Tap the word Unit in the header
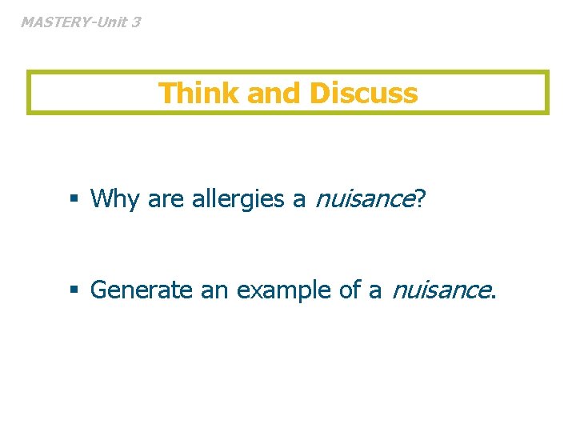pyautogui.click(x=110, y=22)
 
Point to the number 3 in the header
pyautogui.click(x=135, y=22)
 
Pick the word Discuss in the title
pyautogui.click(x=363, y=94)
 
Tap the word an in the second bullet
pyautogui.click(x=214, y=290)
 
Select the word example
pyautogui.click(x=283, y=290)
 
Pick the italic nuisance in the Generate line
pyautogui.click(x=438, y=290)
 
